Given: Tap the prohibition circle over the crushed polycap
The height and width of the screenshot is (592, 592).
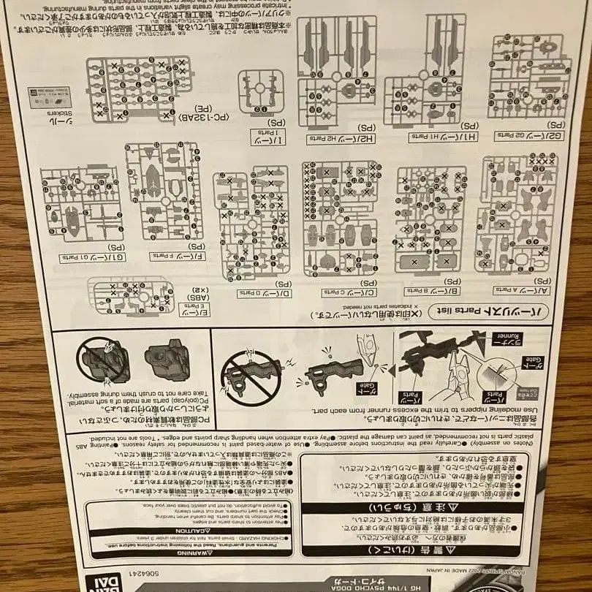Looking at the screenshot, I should pyautogui.click(x=102, y=359).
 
